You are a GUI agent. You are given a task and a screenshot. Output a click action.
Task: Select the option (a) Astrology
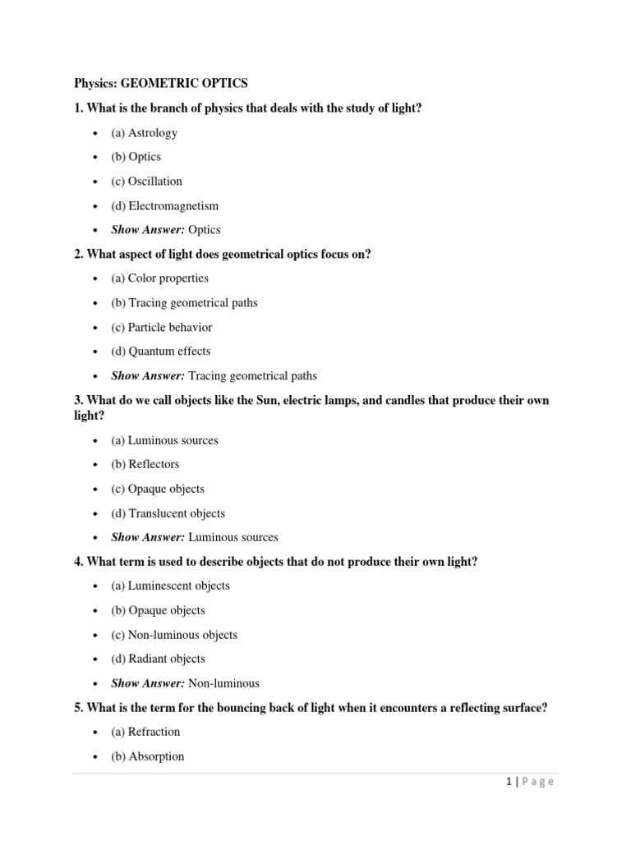pos(144,132)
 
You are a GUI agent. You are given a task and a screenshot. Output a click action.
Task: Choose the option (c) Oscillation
pos(146,181)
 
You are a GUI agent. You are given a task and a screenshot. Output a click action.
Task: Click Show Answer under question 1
pos(148,230)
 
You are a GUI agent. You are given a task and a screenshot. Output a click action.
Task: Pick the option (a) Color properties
pos(159,278)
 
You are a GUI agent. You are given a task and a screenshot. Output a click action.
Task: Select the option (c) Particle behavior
pos(161,327)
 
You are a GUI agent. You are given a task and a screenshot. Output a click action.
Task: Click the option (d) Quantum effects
pos(160,351)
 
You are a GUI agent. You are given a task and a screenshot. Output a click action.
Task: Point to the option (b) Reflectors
pos(145,464)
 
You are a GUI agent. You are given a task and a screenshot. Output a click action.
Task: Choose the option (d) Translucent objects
pos(168,513)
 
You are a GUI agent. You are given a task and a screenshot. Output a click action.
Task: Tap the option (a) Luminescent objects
pos(170,586)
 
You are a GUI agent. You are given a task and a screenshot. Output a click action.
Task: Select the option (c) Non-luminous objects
pos(174,635)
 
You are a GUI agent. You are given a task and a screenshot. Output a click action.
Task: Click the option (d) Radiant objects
pos(158,659)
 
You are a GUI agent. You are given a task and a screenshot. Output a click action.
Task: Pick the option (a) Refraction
pos(145,732)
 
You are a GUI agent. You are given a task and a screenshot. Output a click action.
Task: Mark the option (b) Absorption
pos(147,756)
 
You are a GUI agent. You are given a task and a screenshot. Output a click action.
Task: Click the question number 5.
pos(78,707)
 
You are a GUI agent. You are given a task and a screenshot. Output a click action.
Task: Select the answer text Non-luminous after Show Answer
pos(223,683)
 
